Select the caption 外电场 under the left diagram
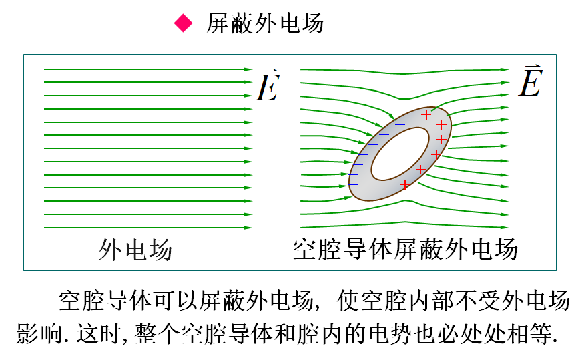[135, 250]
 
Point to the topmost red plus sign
[427, 112]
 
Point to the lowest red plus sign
[404, 184]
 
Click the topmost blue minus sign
[400, 124]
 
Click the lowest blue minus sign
[353, 184]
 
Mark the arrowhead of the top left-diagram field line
[248, 69]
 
